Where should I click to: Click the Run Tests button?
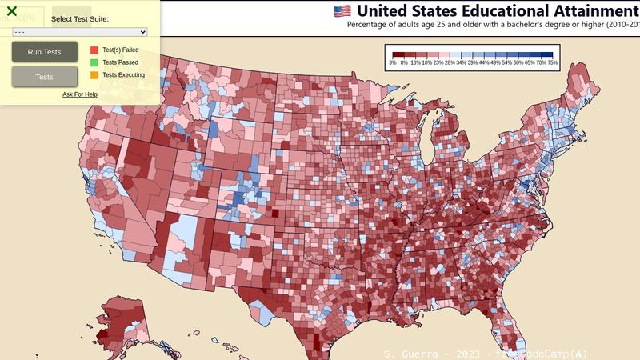click(x=45, y=52)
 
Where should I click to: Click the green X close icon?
click(x=12, y=11)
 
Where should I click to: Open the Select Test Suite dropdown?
click(x=80, y=31)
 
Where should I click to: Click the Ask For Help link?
click(x=80, y=94)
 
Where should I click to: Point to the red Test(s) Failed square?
click(x=94, y=50)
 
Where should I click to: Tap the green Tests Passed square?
click(x=94, y=62)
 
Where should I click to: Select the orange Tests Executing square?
click(x=94, y=75)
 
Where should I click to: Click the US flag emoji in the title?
click(x=342, y=10)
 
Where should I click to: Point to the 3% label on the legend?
click(x=393, y=62)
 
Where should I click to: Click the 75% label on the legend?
click(x=552, y=62)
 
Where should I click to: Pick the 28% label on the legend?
click(x=450, y=62)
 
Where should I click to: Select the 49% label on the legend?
click(x=495, y=62)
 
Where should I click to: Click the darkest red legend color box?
click(x=394, y=54)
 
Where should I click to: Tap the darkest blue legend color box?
click(x=552, y=54)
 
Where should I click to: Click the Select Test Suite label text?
click(x=80, y=18)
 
